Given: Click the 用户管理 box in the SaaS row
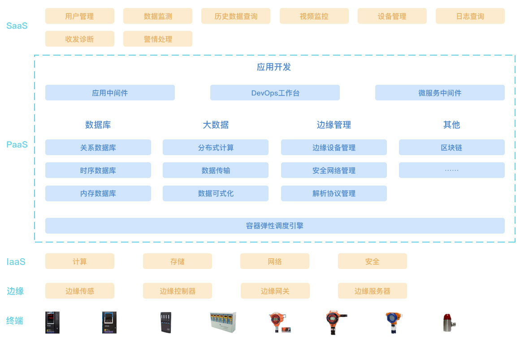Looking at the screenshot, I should (x=79, y=16).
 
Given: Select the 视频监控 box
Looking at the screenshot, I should (x=314, y=16).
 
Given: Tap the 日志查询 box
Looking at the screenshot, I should (x=470, y=16).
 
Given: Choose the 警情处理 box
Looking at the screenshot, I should (x=158, y=39).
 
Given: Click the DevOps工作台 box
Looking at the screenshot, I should (x=275, y=93).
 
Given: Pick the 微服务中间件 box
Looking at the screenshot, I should (x=440, y=93).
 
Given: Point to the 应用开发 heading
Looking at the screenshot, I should (x=274, y=67).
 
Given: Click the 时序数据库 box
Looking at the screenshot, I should (x=98, y=170).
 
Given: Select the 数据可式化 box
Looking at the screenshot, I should (x=216, y=193).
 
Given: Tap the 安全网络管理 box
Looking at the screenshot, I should (x=334, y=170).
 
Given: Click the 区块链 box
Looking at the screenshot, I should (x=451, y=147).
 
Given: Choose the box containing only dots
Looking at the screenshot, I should (x=451, y=170).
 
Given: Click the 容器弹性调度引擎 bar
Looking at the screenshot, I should (x=275, y=226).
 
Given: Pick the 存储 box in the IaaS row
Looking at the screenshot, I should (x=177, y=261).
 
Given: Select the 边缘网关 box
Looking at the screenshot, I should (x=275, y=291).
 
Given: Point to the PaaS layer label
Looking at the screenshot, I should (x=17, y=144).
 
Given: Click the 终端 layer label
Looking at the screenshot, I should (x=15, y=321).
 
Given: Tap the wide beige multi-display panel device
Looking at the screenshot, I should (x=223, y=322).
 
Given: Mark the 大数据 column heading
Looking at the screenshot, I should (x=216, y=125).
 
